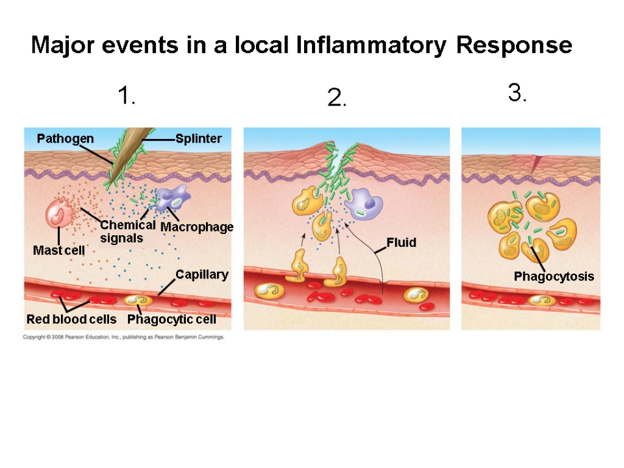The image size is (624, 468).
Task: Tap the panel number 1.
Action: pyautogui.click(x=126, y=96)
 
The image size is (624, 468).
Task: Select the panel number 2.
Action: pyautogui.click(x=336, y=98)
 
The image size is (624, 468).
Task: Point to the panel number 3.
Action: pyautogui.click(x=517, y=93)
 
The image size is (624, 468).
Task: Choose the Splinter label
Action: pyautogui.click(x=199, y=139)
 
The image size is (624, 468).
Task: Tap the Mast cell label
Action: pyautogui.click(x=58, y=250)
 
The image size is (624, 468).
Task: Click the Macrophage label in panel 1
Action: pyautogui.click(x=197, y=227)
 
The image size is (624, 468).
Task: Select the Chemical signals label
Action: pyautogui.click(x=127, y=232)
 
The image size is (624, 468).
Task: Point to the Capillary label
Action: pyautogui.click(x=202, y=275)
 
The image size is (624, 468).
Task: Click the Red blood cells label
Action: pyautogui.click(x=71, y=320)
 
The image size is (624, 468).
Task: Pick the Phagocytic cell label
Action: pyautogui.click(x=171, y=320)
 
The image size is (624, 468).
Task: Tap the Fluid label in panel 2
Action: pyautogui.click(x=401, y=243)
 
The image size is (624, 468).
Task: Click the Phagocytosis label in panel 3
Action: pyautogui.click(x=553, y=277)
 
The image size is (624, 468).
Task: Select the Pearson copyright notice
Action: pyautogui.click(x=124, y=337)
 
